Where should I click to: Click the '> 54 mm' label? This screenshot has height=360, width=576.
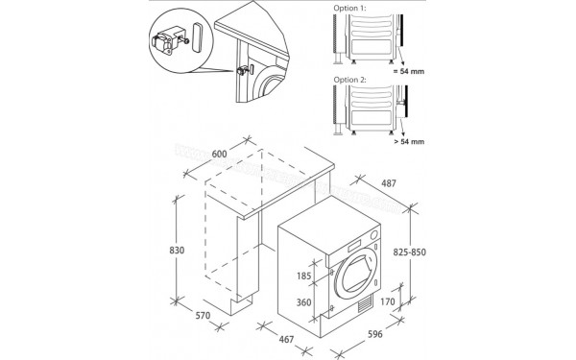(406, 141)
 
